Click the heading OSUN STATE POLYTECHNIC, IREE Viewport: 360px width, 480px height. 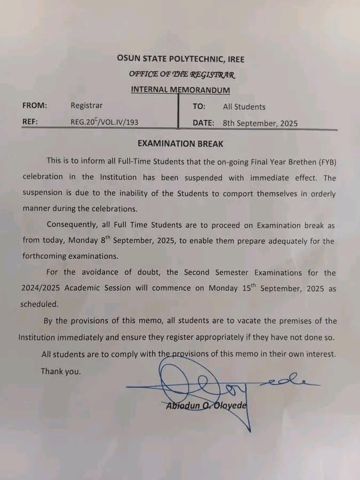[181, 59]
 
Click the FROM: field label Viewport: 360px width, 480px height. [35, 105]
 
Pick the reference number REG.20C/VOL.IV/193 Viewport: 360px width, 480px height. [105, 122]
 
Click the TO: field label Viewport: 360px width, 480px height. [199, 107]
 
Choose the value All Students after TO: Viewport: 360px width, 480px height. [244, 107]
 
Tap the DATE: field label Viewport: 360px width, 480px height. [204, 123]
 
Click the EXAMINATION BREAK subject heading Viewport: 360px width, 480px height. [180, 143]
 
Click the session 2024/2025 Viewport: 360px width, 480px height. [40, 289]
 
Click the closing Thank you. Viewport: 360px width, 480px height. [61, 371]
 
